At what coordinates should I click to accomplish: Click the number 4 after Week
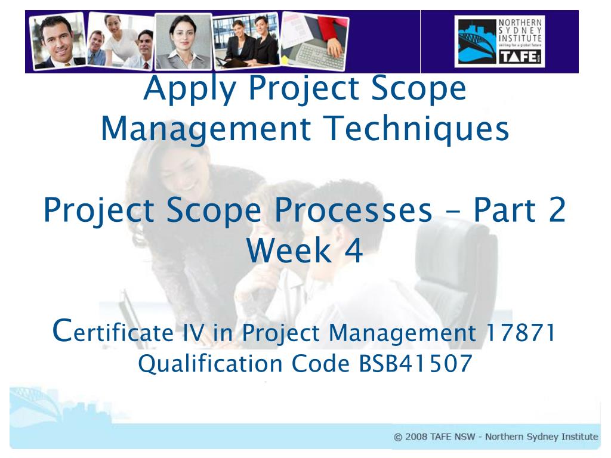point(354,250)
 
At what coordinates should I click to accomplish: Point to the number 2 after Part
point(557,210)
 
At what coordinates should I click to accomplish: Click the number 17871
point(521,333)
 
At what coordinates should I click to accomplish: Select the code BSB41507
point(416,363)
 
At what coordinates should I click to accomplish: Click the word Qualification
point(211,364)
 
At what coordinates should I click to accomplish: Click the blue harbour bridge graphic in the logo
point(477,42)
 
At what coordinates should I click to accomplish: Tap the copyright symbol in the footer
point(398,437)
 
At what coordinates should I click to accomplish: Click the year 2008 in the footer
point(416,437)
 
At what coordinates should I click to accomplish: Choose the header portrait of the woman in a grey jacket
point(184,41)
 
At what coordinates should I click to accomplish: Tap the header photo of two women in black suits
point(246,41)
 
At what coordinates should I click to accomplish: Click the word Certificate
point(113,331)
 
